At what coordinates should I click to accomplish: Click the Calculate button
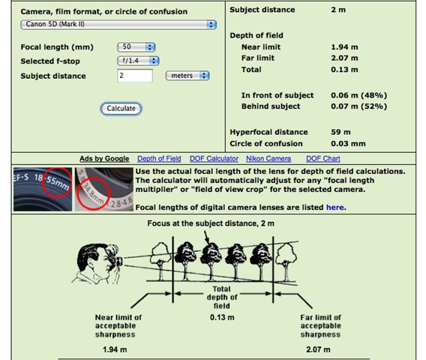coord(121,109)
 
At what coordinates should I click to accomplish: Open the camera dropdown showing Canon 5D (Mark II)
coord(118,25)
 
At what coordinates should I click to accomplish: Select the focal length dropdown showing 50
coord(136,47)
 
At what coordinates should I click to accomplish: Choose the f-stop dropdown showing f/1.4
coord(138,61)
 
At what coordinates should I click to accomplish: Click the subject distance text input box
coord(135,76)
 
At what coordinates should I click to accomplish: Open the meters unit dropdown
coord(187,76)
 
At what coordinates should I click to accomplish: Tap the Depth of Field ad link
coord(159,159)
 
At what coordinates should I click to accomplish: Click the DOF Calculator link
coord(214,159)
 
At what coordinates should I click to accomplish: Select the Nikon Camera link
coord(268,159)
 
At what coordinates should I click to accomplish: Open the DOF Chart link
coord(323,159)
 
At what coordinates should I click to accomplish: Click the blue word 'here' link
coord(335,207)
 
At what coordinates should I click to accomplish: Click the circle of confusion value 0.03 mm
coord(348,143)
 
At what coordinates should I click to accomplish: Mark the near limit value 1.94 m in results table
coord(344,47)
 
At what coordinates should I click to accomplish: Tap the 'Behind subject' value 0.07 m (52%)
coord(359,106)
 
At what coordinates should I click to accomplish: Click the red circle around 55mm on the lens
coord(57,183)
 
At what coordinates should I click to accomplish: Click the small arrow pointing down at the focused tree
coord(206,237)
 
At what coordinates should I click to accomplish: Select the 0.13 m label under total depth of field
coord(222,317)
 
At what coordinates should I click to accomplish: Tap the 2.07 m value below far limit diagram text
coord(318,349)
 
